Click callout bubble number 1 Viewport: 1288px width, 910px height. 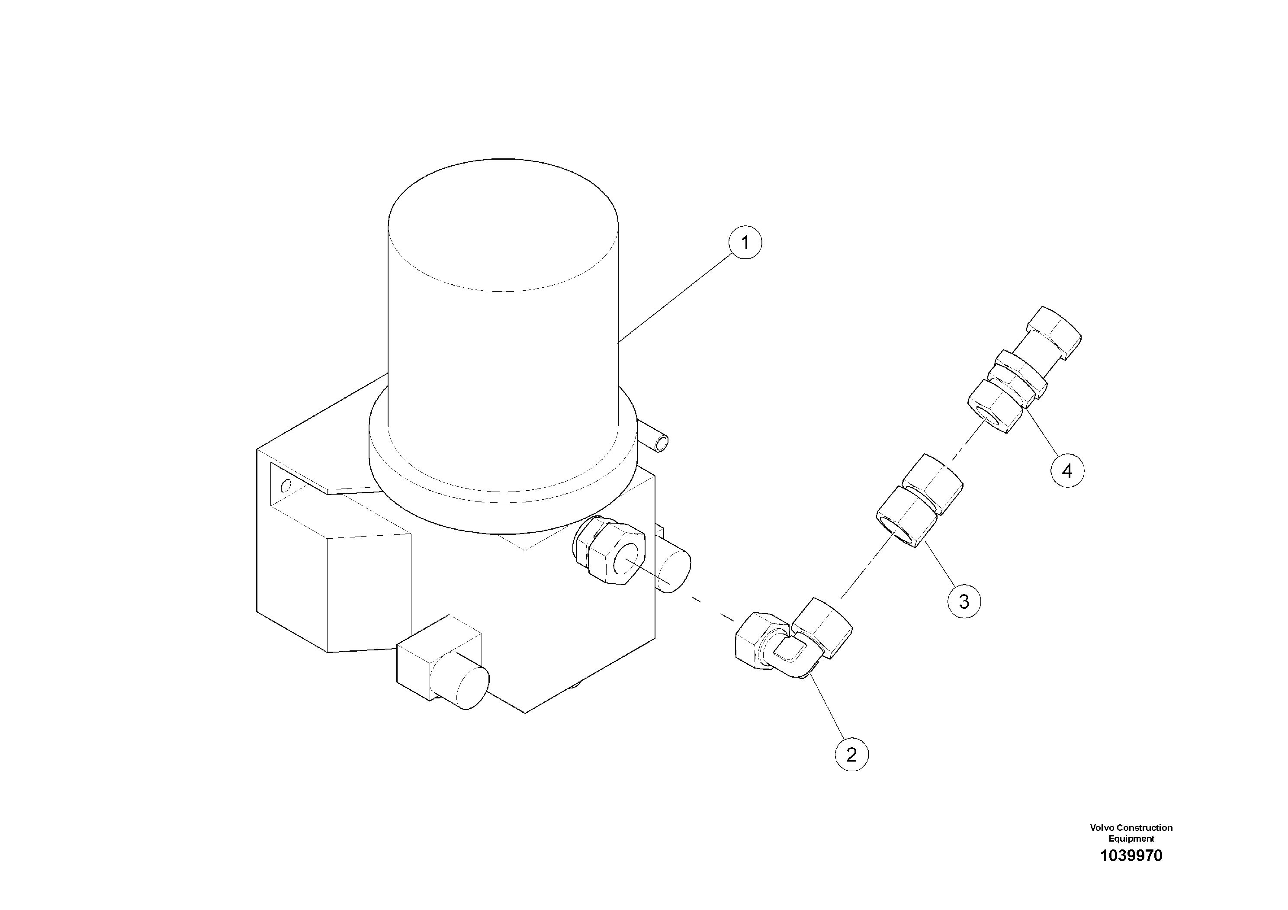[745, 243]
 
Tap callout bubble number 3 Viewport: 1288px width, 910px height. [964, 602]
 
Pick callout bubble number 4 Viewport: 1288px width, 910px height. [1067, 471]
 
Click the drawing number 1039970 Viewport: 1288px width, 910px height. [1131, 871]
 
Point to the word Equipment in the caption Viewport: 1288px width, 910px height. [1131, 839]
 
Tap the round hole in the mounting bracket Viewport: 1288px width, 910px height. [286, 486]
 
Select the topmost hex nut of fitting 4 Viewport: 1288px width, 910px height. [1054, 331]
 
